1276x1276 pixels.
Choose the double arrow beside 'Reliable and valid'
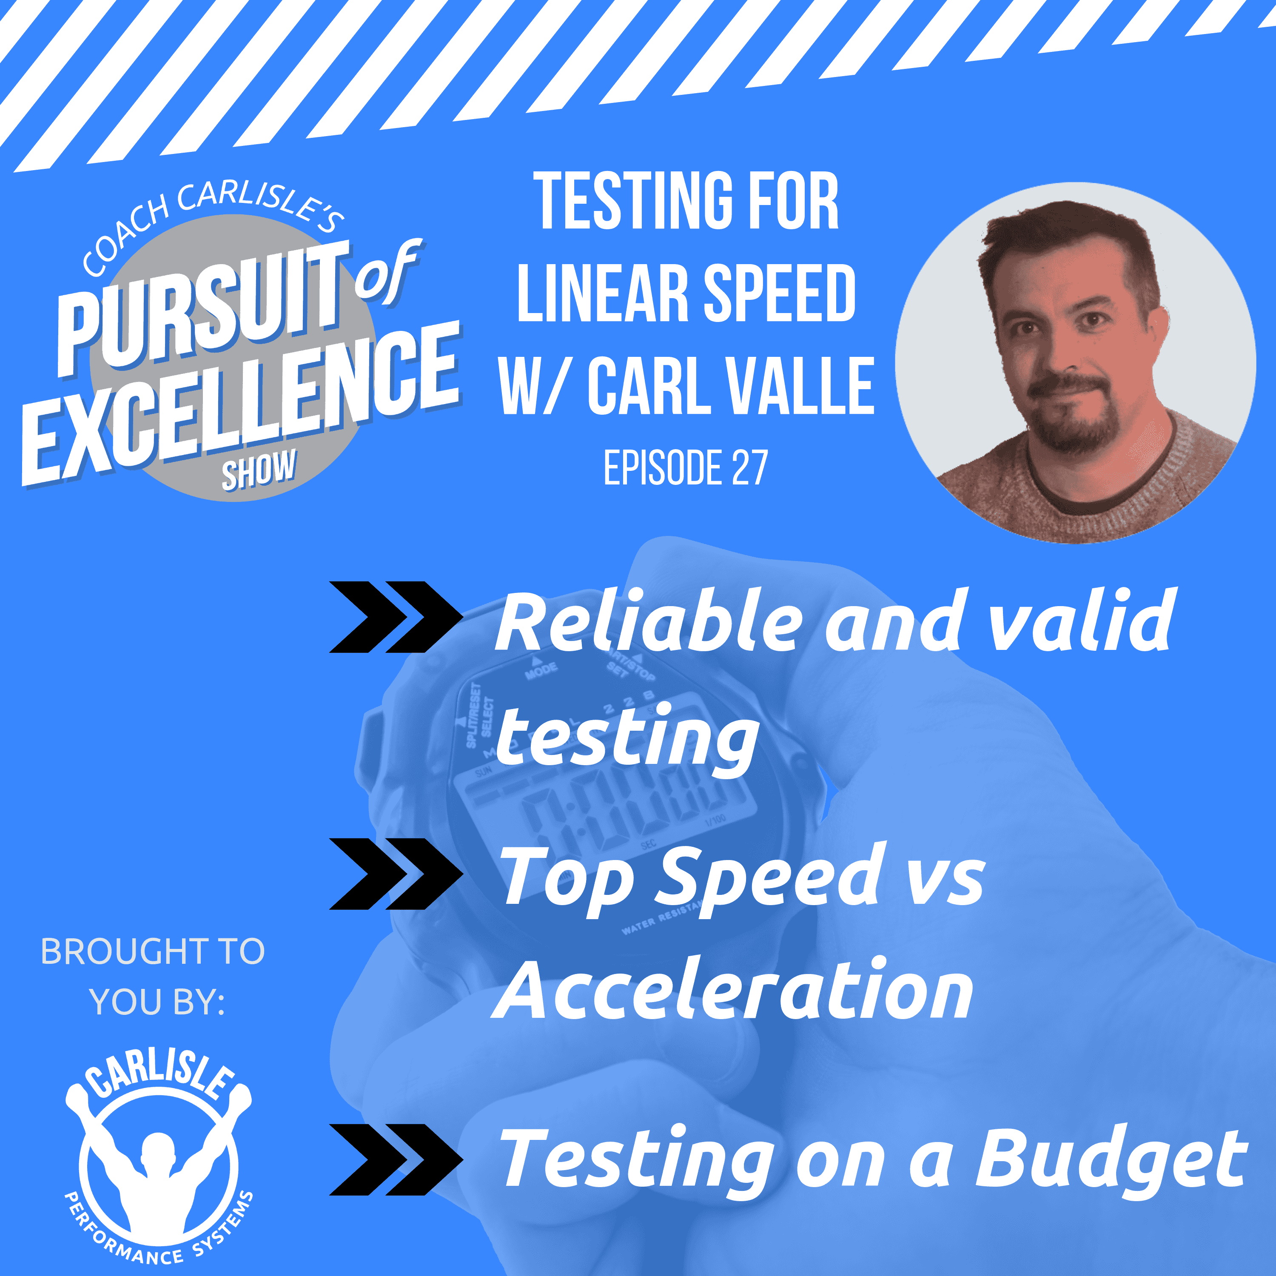pos(395,617)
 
